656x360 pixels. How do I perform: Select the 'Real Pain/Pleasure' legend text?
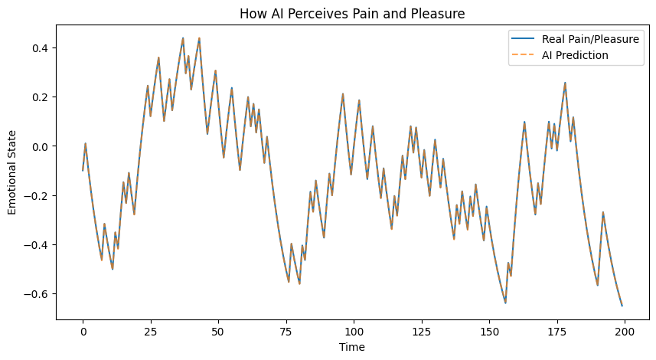tap(590, 39)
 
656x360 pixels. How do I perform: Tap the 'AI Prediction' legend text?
tap(575, 55)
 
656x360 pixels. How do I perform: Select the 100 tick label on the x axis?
tap(354, 331)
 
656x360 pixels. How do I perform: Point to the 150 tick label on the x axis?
tap(489, 331)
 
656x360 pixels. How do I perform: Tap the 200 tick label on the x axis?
tap(625, 331)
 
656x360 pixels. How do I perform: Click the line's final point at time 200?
tap(622, 306)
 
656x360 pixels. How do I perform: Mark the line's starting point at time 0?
tap(83, 170)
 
